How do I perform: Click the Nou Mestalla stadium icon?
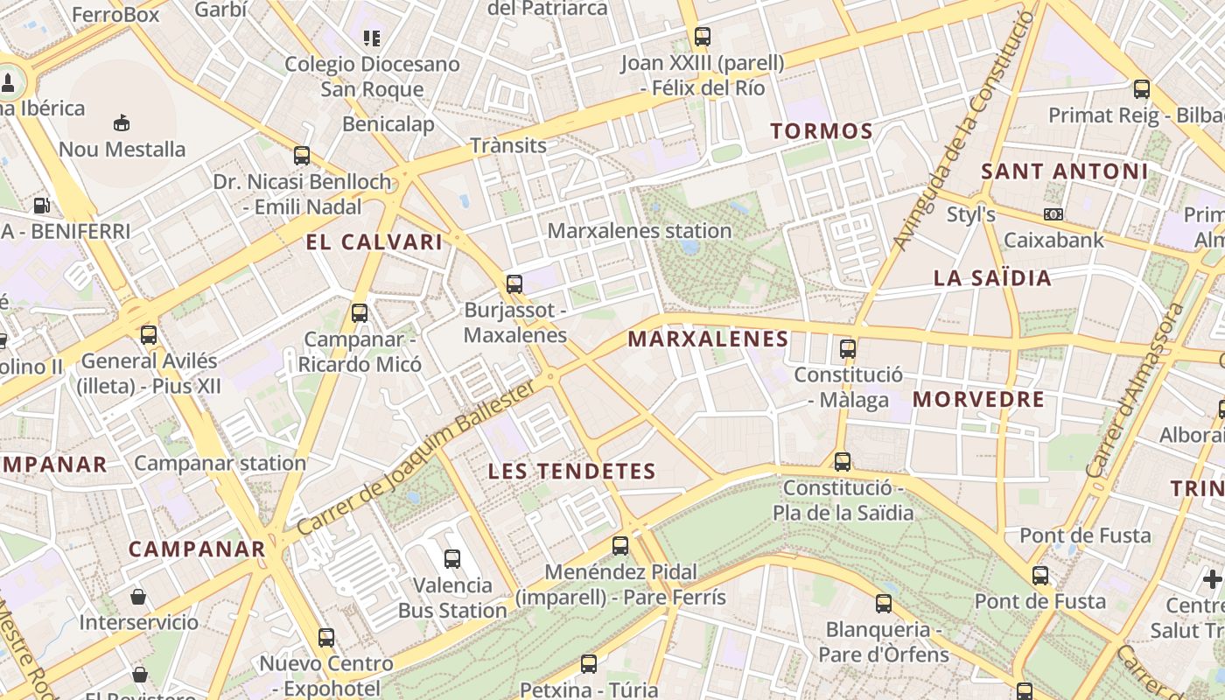[x=122, y=123]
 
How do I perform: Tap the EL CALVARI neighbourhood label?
[x=374, y=242]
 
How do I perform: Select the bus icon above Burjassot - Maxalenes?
[x=514, y=283]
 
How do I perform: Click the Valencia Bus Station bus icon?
[x=452, y=559]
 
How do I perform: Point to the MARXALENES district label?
[x=709, y=339]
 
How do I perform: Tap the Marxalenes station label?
[x=640, y=231]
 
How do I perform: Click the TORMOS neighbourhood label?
[x=822, y=132]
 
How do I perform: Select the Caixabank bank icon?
[x=1053, y=213]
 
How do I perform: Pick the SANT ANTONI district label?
[x=1064, y=171]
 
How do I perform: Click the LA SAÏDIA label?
[x=992, y=278]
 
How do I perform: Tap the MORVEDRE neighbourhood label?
[x=979, y=400]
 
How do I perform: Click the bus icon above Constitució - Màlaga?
[x=847, y=349]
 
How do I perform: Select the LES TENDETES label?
[x=572, y=472]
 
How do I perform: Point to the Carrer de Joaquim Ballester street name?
[x=416, y=458]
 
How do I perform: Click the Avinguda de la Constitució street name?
[x=965, y=131]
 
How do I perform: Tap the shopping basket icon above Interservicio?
[x=138, y=597]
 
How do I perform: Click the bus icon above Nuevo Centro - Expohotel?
[x=326, y=638]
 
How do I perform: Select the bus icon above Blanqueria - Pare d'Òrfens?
[x=884, y=603]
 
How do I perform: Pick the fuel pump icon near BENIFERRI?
[x=41, y=206]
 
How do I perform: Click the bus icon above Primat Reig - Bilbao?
[x=1142, y=88]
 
